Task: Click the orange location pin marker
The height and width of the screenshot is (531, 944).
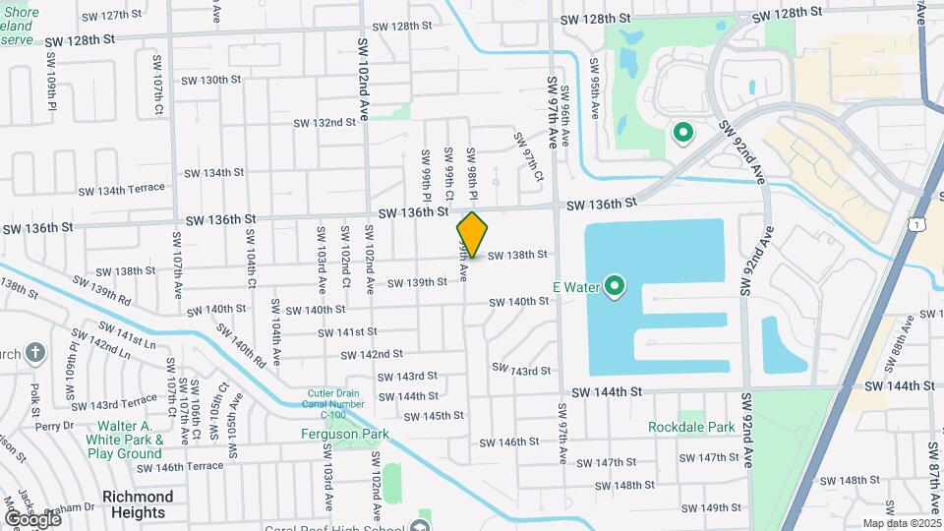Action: pyautogui.click(x=472, y=234)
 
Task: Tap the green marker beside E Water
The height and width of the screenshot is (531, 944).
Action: pyautogui.click(x=616, y=287)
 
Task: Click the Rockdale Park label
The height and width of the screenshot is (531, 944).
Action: pyautogui.click(x=692, y=428)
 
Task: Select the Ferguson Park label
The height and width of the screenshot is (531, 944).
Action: pyautogui.click(x=345, y=434)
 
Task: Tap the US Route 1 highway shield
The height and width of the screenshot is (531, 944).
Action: pyautogui.click(x=917, y=225)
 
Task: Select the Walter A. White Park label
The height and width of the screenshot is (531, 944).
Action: pyautogui.click(x=124, y=440)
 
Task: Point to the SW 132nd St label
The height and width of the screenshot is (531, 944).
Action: pyautogui.click(x=324, y=123)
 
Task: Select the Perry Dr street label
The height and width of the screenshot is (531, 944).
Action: pyautogui.click(x=48, y=427)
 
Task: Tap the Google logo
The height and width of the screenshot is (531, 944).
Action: pyautogui.click(x=31, y=519)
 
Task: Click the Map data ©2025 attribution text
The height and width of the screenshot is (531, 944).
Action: pyautogui.click(x=901, y=524)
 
